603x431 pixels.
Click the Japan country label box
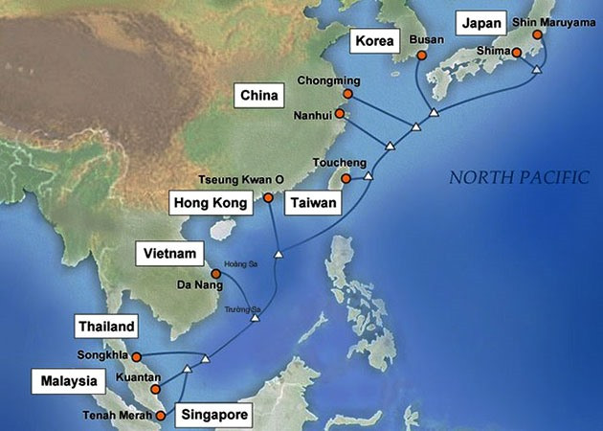pos(479,22)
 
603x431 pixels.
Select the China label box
pos(258,95)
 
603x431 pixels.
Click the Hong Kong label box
pos(211,203)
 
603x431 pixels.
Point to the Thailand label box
pos(107,327)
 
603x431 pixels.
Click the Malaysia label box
pos(69,381)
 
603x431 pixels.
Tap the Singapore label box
pos(215,416)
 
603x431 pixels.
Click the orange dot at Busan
pos(422,57)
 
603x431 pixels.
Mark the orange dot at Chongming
pos(346,95)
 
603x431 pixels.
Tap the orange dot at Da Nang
pos(215,274)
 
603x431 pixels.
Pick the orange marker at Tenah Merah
pos(161,416)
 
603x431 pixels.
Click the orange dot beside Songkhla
pos(136,357)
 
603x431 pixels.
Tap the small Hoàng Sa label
pos(234,263)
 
